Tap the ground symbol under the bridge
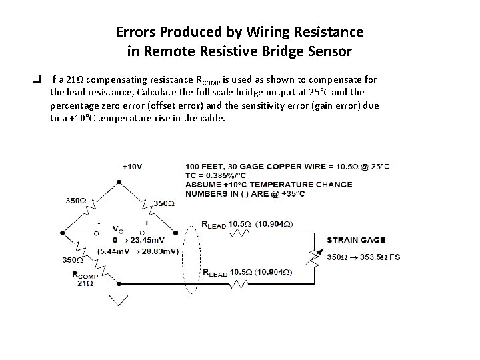119,301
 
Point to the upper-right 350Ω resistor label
164,203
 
